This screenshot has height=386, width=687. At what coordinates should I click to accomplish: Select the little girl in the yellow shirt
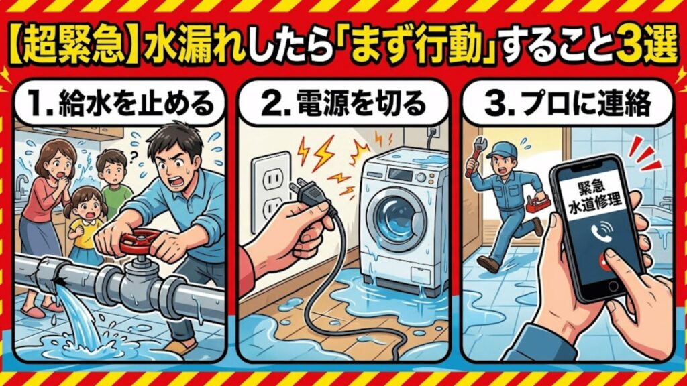pos(86,221)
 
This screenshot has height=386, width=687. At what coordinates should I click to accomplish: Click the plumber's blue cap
pos(505,149)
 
